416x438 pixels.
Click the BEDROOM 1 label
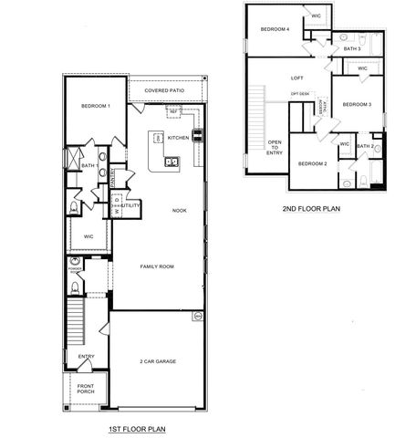click(96, 106)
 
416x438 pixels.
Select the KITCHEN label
click(178, 137)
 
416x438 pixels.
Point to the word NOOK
click(180, 211)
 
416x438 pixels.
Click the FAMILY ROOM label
click(157, 266)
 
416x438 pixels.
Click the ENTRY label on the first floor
click(86, 356)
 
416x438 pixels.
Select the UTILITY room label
click(130, 206)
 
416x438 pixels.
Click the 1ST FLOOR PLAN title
click(137, 427)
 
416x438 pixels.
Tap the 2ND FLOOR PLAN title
click(311, 208)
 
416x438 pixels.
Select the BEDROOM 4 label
click(275, 29)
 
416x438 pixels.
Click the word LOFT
click(296, 78)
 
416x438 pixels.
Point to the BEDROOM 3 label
click(357, 105)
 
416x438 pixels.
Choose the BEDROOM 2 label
click(313, 163)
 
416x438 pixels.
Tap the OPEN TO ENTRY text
click(275, 148)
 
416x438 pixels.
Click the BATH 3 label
click(352, 48)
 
